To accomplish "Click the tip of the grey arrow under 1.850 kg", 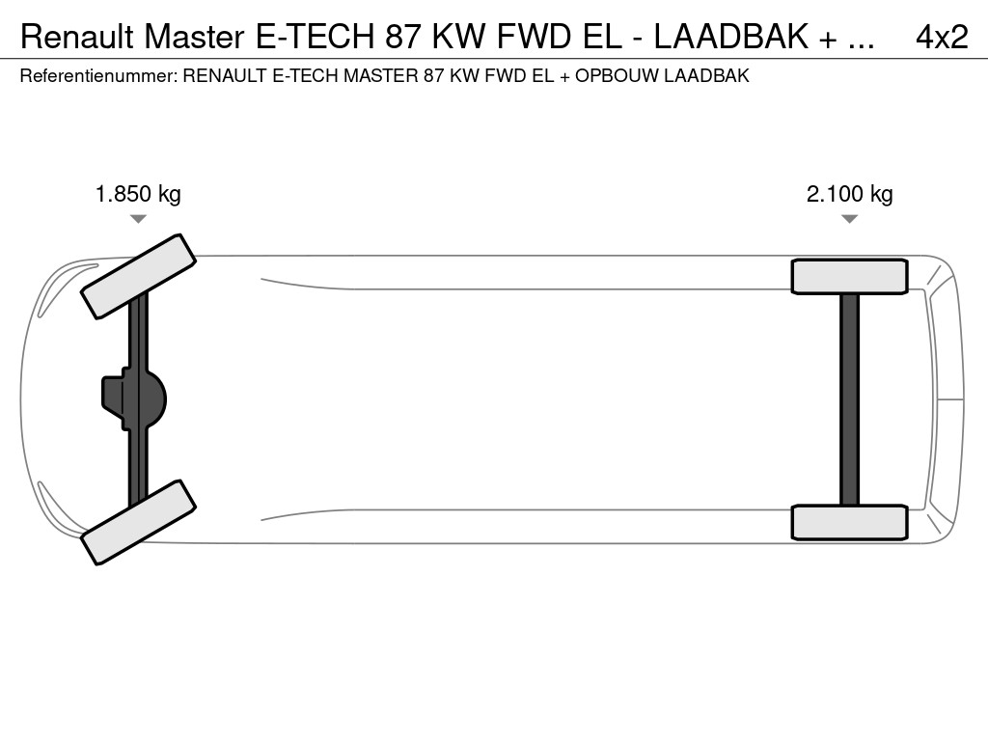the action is click(x=138, y=223).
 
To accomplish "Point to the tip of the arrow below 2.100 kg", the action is click(x=849, y=223).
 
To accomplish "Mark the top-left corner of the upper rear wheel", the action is click(x=792, y=261).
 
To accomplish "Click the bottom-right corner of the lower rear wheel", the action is click(x=907, y=538).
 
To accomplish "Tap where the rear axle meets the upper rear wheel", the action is click(x=849, y=293).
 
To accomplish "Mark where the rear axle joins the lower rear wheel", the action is click(x=849, y=506).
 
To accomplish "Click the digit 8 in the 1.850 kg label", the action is click(x=121, y=194).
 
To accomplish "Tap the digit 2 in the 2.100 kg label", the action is click(x=812, y=194).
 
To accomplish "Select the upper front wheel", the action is click(x=138, y=277).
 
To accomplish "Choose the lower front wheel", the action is click(x=138, y=522).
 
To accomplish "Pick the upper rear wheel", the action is click(x=849, y=277).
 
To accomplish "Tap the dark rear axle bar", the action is click(x=849, y=399).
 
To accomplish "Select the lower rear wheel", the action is click(x=849, y=522).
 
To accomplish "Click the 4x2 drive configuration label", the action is click(x=942, y=38).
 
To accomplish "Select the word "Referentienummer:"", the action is click(x=98, y=76).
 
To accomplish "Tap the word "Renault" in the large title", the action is click(x=77, y=38).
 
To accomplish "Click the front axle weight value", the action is click(x=138, y=194).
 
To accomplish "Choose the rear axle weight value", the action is click(x=849, y=194).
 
